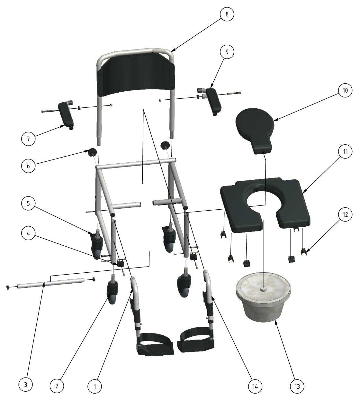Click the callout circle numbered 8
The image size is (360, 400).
point(227,14)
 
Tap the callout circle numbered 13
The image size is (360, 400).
point(297,386)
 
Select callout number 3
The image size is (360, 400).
point(25,385)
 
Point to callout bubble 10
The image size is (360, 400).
point(345,90)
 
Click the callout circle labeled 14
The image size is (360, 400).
point(255,386)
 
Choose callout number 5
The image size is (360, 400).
point(28,204)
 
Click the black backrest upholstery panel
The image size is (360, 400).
point(136,80)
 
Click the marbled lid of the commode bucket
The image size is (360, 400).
point(263,288)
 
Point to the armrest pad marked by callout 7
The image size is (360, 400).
point(66,116)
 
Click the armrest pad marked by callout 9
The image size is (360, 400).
point(214,101)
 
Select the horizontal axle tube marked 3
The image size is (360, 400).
point(51,283)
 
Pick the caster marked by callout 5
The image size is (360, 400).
point(97,244)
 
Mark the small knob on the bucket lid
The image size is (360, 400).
point(263,288)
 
